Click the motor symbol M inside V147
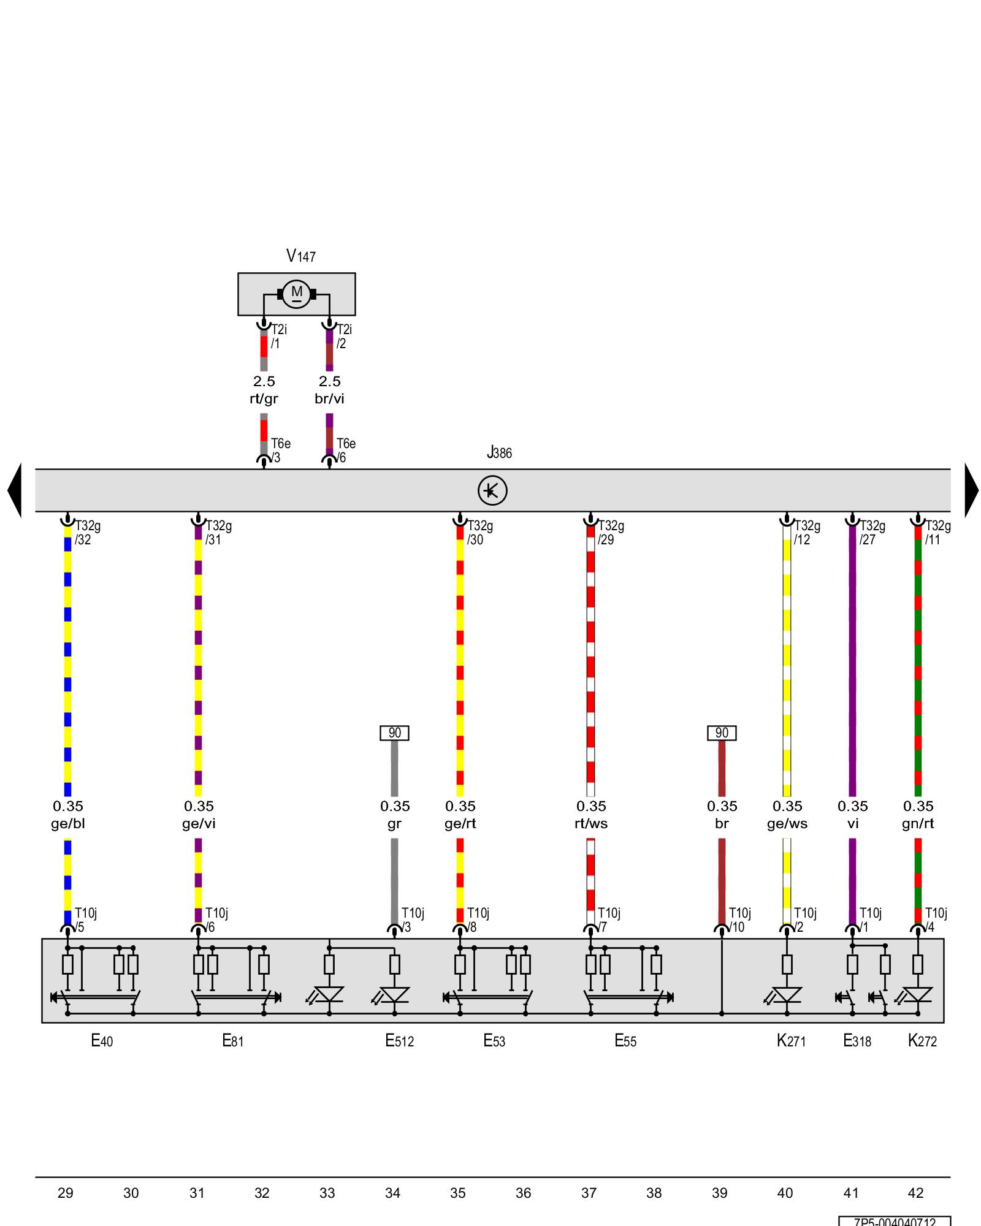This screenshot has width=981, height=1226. tap(297, 294)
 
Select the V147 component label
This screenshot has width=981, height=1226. tap(300, 256)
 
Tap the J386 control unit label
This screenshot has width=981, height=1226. tap(499, 453)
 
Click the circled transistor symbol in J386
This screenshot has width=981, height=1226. tap(492, 490)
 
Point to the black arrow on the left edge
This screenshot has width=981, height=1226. tap(15, 490)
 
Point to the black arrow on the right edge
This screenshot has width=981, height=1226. tap(971, 490)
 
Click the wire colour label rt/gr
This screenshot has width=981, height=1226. tap(264, 399)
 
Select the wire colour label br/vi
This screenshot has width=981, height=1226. tap(329, 399)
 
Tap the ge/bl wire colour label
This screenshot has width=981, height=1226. tap(68, 824)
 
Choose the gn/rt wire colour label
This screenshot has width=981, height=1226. tap(918, 824)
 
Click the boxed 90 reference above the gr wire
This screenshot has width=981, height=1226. tap(394, 733)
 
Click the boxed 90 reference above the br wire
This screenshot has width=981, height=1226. tap(722, 733)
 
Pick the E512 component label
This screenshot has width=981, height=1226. tap(400, 1041)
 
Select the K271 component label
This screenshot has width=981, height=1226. tap(791, 1041)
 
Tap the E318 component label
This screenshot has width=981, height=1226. tap(857, 1041)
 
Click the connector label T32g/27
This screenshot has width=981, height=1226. tap(872, 533)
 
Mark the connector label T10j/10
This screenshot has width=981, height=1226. tap(739, 920)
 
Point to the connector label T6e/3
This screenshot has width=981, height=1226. tap(280, 451)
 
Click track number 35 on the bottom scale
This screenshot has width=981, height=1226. tap(458, 1193)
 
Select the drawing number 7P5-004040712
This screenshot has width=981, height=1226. tap(895, 1221)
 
